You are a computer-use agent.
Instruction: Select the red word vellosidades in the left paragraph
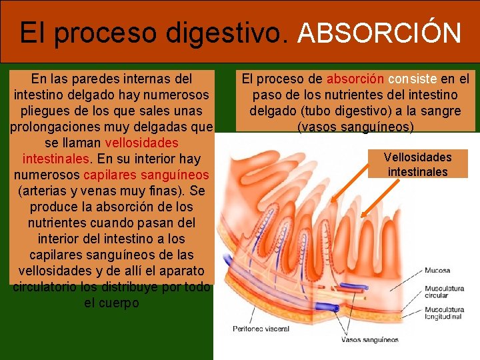(x=142, y=143)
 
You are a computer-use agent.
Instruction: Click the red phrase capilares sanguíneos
(x=146, y=175)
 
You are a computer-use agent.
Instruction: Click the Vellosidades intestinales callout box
(x=418, y=164)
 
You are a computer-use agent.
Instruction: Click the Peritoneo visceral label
(x=261, y=328)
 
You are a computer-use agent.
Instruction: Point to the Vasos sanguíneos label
(x=370, y=340)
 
